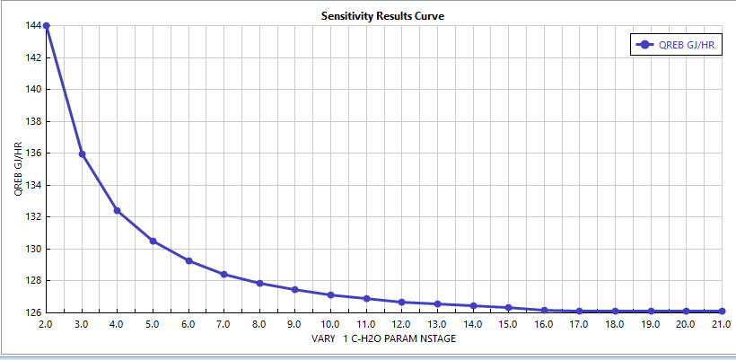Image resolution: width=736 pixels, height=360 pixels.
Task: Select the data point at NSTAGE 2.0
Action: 46,26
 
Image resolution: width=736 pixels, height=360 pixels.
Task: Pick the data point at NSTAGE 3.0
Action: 82,154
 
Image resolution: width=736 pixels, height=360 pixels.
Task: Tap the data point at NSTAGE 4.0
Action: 117,210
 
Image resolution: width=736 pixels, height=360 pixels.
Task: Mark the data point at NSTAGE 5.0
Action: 153,241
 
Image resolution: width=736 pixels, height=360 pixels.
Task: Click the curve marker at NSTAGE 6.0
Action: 188,260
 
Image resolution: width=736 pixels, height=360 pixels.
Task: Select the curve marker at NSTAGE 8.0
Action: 259,283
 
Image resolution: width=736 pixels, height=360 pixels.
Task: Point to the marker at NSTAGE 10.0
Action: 330,294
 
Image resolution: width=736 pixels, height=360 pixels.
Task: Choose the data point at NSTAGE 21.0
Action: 722,312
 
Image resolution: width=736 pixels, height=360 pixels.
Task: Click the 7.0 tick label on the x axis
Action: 223,324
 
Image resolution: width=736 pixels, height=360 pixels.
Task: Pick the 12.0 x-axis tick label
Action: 401,324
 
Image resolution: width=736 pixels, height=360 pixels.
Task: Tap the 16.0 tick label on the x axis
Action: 544,324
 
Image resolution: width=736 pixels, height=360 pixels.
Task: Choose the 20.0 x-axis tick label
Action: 686,324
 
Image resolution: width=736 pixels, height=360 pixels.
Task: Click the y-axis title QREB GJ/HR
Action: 17,169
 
